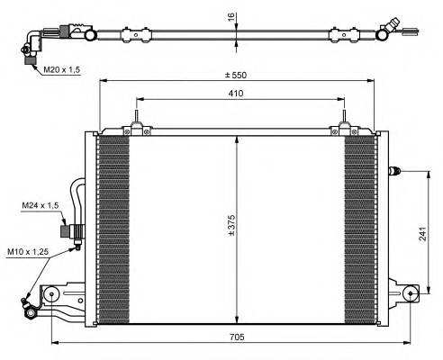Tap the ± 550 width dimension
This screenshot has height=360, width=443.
237,74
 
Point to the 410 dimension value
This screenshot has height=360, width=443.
236,92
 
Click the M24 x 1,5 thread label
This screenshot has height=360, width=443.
40,206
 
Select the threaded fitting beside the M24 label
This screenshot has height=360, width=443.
68,231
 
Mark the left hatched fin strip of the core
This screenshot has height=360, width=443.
112,229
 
